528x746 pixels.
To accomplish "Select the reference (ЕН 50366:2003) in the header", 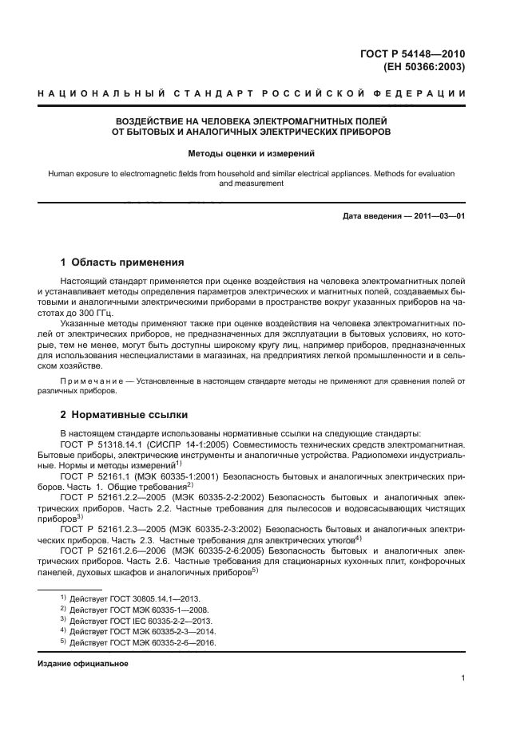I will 427,67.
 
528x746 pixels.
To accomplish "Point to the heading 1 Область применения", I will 123,262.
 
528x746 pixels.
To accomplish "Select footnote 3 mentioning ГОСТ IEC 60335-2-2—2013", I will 133,620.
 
